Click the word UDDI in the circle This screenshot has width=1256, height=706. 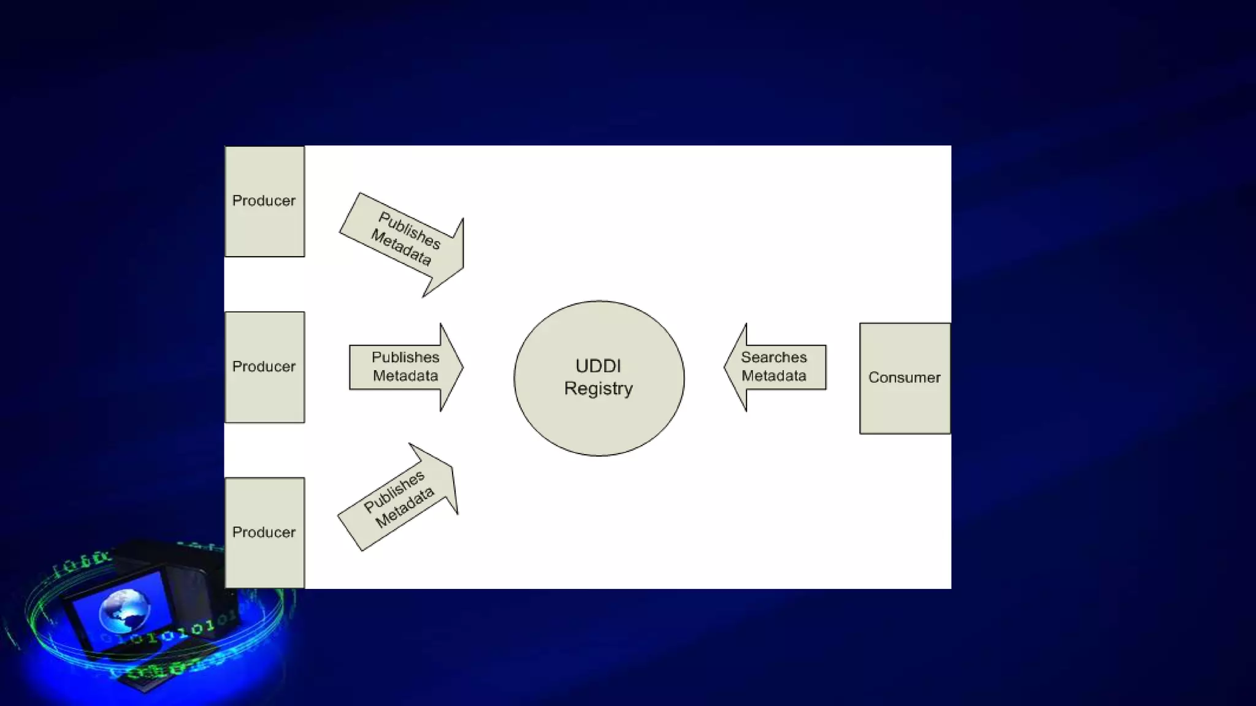pos(598,366)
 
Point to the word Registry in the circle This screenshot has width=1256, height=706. pos(598,389)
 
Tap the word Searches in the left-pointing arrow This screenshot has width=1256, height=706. pos(773,357)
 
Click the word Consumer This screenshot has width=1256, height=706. pos(904,378)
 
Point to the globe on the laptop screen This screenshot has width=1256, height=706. pos(124,610)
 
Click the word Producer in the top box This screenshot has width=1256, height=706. pos(264,200)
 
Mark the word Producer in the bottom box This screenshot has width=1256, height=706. pos(264,532)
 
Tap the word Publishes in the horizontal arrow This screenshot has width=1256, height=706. pos(405,357)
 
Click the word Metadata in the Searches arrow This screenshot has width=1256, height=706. pos(773,376)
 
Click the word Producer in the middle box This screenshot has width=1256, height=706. pos(264,366)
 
